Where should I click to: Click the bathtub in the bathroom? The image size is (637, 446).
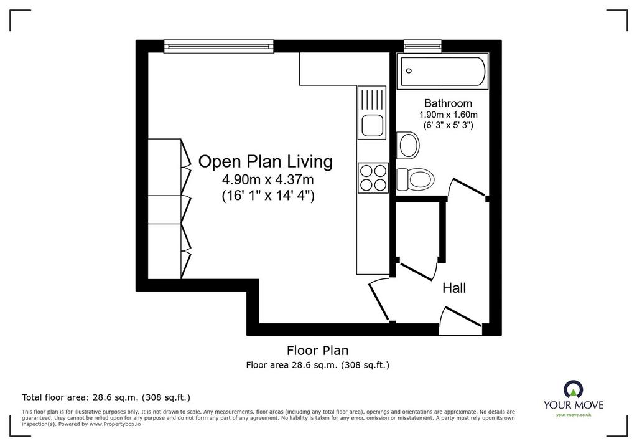(442, 71)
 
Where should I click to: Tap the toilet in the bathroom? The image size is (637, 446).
(415, 179)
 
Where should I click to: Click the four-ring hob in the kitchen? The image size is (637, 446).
(373, 178)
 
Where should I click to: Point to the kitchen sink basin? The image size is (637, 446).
(372, 125)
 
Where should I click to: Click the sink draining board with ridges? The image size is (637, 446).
(372, 100)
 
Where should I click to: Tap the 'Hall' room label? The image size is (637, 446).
(453, 288)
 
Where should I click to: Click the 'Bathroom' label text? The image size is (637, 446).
(448, 103)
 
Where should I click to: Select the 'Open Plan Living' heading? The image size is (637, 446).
(265, 162)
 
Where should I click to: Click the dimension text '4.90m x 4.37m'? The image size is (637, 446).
(267, 179)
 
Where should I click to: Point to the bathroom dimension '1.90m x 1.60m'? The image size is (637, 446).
(448, 115)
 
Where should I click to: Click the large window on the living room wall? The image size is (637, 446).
(219, 46)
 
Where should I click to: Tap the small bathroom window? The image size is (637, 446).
(422, 45)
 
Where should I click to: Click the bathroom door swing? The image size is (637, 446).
(467, 189)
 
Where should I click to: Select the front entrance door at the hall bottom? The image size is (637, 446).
(461, 318)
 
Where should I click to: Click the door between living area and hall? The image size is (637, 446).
(379, 300)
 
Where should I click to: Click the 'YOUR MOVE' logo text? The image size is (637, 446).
(573, 405)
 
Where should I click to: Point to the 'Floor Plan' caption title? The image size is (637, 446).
(318, 350)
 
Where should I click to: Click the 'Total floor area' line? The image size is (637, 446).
(106, 397)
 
